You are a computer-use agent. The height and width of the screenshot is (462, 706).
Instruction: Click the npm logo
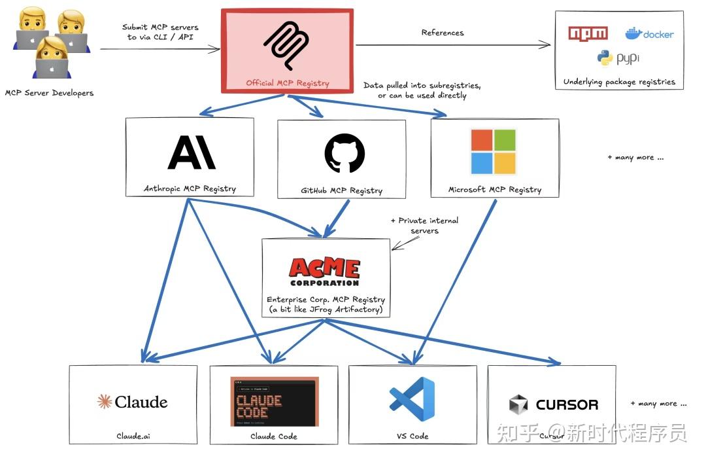588,33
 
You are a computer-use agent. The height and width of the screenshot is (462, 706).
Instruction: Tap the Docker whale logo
633,33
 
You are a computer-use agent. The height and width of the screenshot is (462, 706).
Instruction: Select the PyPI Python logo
605,58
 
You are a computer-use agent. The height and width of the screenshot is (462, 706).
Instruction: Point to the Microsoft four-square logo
494,152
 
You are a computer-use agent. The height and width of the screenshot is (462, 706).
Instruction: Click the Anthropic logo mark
192,152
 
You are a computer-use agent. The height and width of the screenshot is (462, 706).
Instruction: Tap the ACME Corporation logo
325,272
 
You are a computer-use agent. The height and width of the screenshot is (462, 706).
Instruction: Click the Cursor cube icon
518,404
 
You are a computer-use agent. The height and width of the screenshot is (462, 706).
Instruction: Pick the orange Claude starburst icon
104,402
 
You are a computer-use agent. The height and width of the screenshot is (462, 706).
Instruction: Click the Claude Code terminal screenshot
275,401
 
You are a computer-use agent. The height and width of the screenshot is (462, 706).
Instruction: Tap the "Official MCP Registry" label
287,83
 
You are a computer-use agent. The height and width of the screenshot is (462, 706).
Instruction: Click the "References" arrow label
443,33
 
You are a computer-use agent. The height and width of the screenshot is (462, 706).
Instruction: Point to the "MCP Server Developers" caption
49,93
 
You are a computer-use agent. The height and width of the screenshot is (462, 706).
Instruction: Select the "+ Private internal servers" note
425,226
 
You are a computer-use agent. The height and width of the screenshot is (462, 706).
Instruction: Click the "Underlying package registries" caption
619,82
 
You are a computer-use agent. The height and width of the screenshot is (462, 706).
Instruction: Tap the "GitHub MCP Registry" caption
341,190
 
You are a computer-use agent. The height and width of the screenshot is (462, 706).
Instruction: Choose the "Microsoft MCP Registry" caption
495,190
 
